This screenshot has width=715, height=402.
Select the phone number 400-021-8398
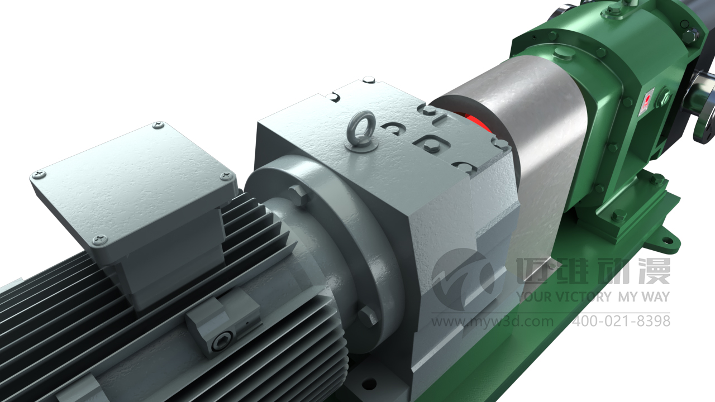click(x=621, y=321)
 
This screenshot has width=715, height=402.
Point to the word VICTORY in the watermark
click(x=584, y=297)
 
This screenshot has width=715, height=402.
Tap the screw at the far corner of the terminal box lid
click(x=158, y=126)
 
